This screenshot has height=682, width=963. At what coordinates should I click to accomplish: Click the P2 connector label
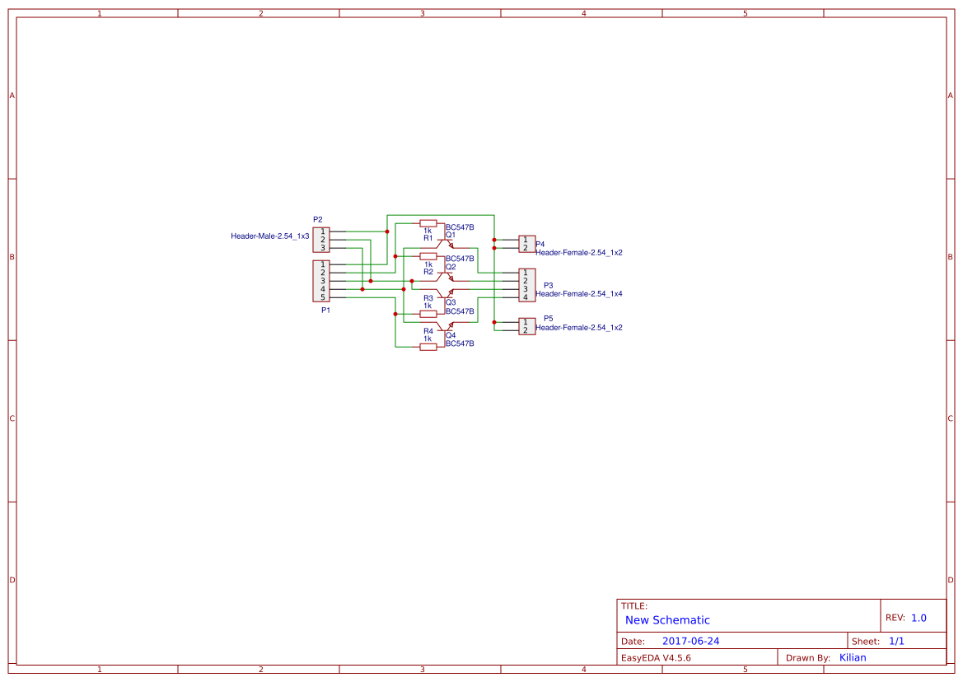coord(318,220)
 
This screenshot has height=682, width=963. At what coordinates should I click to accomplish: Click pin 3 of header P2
coord(323,248)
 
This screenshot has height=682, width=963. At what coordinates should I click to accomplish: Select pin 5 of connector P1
coord(323,297)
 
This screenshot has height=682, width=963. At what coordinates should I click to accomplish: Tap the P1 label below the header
coord(325,311)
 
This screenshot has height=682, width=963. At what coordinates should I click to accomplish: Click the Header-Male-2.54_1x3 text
coord(269,236)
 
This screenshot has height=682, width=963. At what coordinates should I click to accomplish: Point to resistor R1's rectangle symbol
coord(428,223)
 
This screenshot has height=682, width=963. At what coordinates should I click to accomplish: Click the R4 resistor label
coord(428,331)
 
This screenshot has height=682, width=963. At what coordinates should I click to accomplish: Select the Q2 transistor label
coord(451,267)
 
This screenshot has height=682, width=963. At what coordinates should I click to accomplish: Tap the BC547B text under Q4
coord(460,343)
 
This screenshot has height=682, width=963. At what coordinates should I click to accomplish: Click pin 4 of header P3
coord(526,297)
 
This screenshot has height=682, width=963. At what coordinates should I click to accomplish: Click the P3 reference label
coord(549,285)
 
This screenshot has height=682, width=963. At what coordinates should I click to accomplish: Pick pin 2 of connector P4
coord(526,248)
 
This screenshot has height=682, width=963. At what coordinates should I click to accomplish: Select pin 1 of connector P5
coord(526,322)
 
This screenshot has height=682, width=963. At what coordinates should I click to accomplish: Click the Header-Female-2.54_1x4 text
coord(579,294)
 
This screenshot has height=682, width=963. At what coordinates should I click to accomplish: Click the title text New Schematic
coord(667,620)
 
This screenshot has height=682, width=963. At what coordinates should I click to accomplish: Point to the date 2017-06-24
coord(690,641)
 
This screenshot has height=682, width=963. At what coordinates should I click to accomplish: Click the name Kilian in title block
coord(853,657)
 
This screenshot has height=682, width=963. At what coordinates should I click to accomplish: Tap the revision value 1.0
coord(919,618)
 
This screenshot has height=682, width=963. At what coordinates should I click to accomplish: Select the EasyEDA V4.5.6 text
coord(656,658)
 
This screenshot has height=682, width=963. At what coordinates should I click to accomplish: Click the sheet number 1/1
coord(897,641)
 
